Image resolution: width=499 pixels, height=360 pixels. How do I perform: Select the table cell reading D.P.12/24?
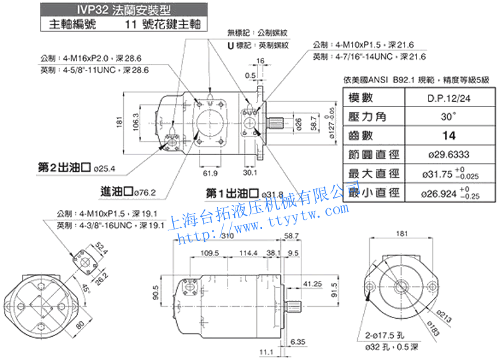click(451, 98)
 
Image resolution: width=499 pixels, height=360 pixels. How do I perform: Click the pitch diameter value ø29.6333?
click(450, 155)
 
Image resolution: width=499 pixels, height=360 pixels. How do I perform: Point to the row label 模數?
click(374, 98)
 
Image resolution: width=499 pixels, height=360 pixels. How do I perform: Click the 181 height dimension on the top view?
click(119, 122)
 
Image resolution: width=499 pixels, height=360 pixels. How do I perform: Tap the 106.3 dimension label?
click(136, 122)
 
